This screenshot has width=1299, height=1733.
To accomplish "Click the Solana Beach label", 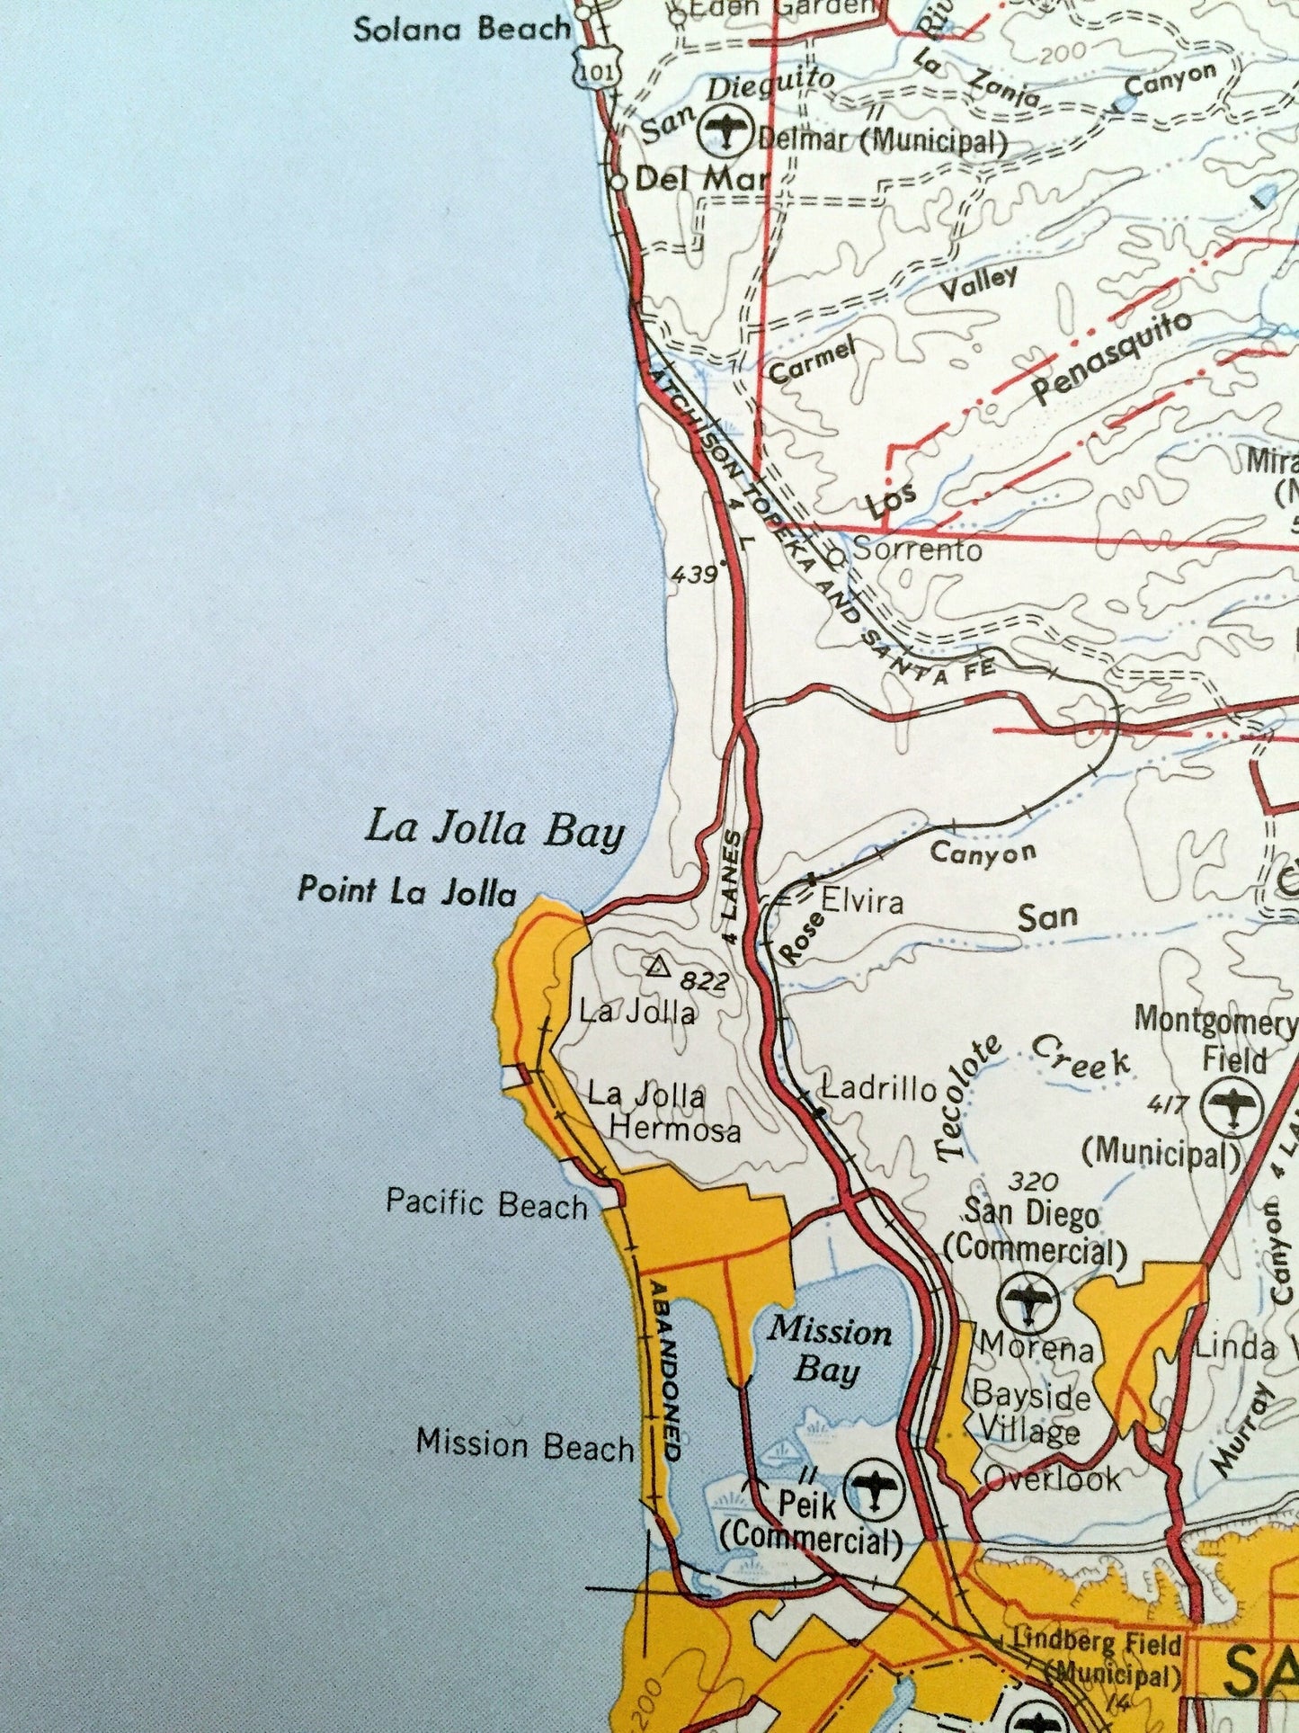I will pos(461,30).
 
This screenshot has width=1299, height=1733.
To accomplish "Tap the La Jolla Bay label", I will pos(494,829).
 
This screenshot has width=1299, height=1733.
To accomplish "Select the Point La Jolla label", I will pos(407,891).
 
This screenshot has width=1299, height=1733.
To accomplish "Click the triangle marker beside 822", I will pos(658,968).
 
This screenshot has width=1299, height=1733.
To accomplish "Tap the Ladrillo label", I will pos(880,1089).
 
